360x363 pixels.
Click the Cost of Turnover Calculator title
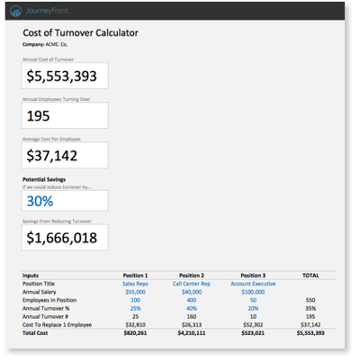coord(81,32)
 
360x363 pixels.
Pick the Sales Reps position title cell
coord(135,283)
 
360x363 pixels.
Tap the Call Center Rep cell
coord(191,283)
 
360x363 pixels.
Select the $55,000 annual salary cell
coord(135,291)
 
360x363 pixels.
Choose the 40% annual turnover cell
coord(191,307)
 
